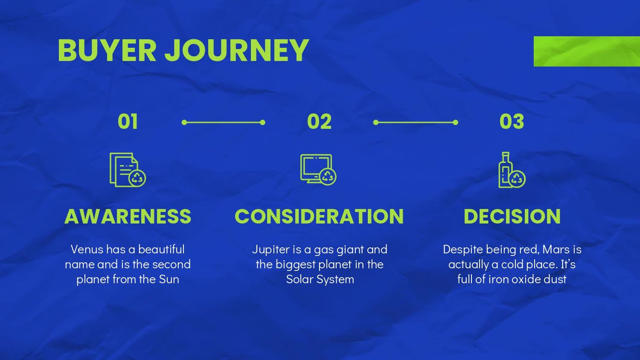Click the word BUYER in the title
[x=107, y=50]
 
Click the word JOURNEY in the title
[x=237, y=50]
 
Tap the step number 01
[x=128, y=122]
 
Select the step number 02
[x=319, y=122]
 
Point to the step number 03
[x=512, y=122]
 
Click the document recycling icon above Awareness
[x=128, y=170]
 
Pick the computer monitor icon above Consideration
[x=318, y=170]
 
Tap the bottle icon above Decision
[x=512, y=170]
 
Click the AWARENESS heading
[x=128, y=216]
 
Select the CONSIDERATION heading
[x=319, y=216]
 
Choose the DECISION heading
[x=512, y=216]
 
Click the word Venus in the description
[x=87, y=250]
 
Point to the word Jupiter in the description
[x=271, y=250]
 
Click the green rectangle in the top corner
[x=587, y=52]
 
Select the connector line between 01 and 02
[x=224, y=122]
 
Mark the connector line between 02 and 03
[x=416, y=122]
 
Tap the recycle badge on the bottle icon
[x=517, y=179]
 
